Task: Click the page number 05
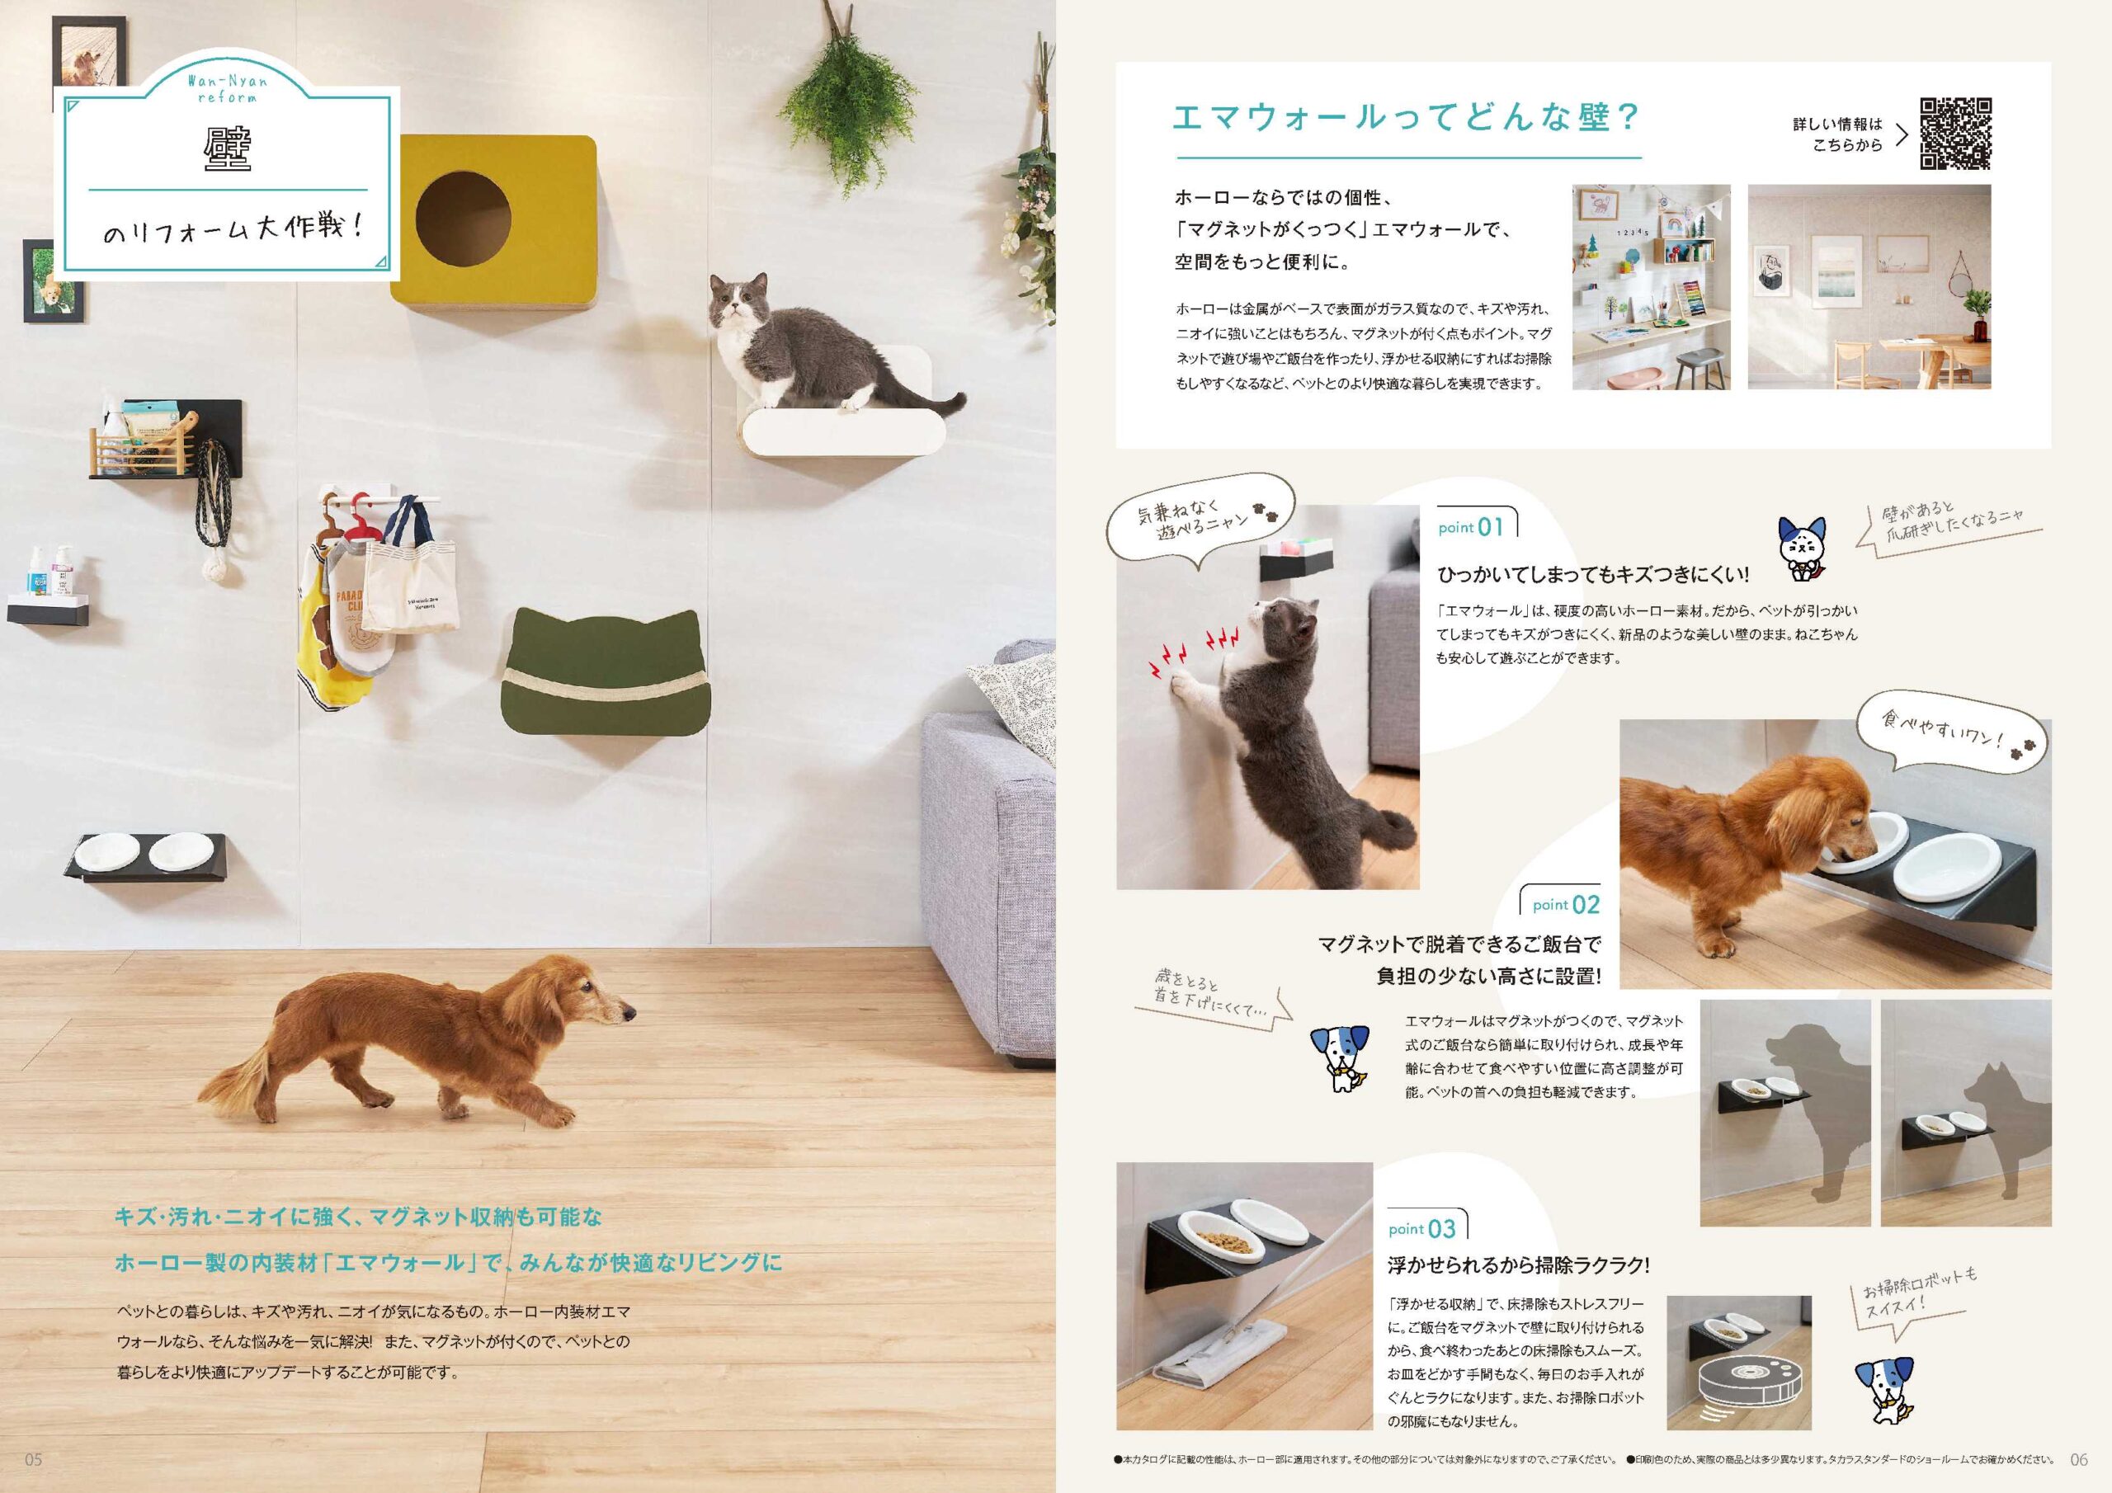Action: tap(34, 1459)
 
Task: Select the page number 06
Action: tap(2079, 1459)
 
